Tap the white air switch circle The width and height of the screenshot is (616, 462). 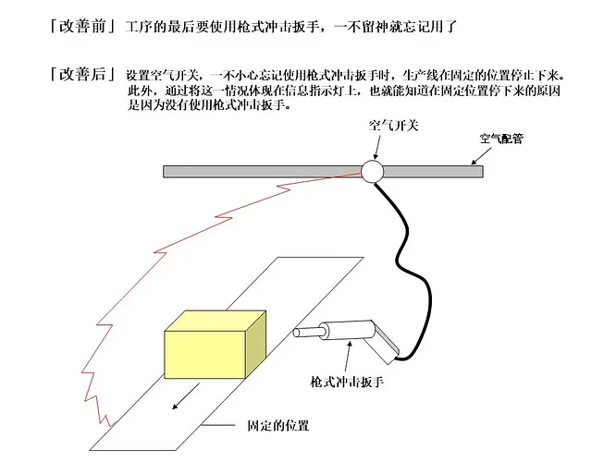[372, 171]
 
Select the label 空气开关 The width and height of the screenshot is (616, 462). [394, 124]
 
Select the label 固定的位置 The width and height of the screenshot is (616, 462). [277, 426]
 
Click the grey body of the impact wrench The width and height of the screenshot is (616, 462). [347, 330]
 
